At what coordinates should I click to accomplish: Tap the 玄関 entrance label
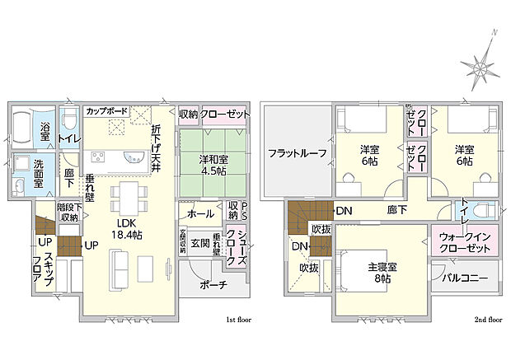coord(199,243)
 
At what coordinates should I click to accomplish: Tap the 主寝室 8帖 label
coord(382,272)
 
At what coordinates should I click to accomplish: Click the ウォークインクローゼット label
coord(462,242)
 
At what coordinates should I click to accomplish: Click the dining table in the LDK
coord(128,196)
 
